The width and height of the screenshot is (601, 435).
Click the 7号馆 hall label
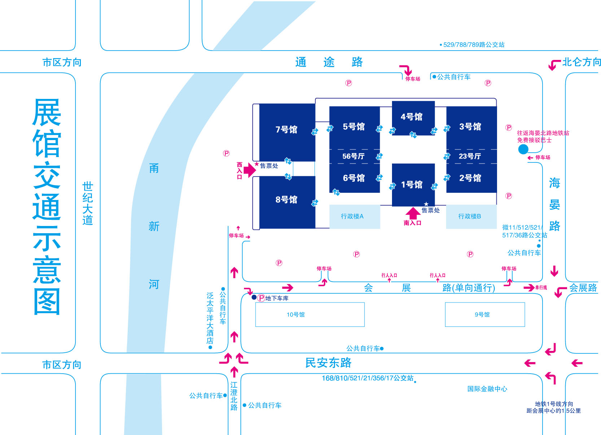(x=287, y=130)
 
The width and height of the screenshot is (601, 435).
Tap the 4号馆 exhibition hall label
(x=411, y=117)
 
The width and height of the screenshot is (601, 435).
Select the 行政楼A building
(x=355, y=217)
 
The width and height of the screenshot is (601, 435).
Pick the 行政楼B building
(x=471, y=217)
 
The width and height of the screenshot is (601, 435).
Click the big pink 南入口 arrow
(x=413, y=213)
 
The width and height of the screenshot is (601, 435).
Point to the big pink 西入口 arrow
(x=250, y=170)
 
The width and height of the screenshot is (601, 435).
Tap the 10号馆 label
(x=296, y=314)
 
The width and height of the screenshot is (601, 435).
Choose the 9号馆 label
(x=482, y=314)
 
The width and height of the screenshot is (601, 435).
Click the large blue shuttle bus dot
(x=523, y=149)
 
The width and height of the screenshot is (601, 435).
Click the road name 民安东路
(x=328, y=363)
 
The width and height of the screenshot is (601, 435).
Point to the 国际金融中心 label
(x=487, y=389)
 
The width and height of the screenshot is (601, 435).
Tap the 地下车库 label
(x=277, y=298)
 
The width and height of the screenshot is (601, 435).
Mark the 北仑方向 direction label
(x=582, y=62)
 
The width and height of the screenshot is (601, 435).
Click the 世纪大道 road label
(x=88, y=203)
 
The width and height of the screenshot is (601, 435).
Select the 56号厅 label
(x=353, y=156)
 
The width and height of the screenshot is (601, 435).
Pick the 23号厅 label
(x=470, y=156)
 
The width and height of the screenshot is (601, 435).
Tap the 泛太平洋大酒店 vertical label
(x=210, y=318)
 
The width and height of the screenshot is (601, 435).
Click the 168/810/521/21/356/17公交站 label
(x=367, y=378)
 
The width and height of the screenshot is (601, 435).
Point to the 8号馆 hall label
(x=287, y=200)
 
